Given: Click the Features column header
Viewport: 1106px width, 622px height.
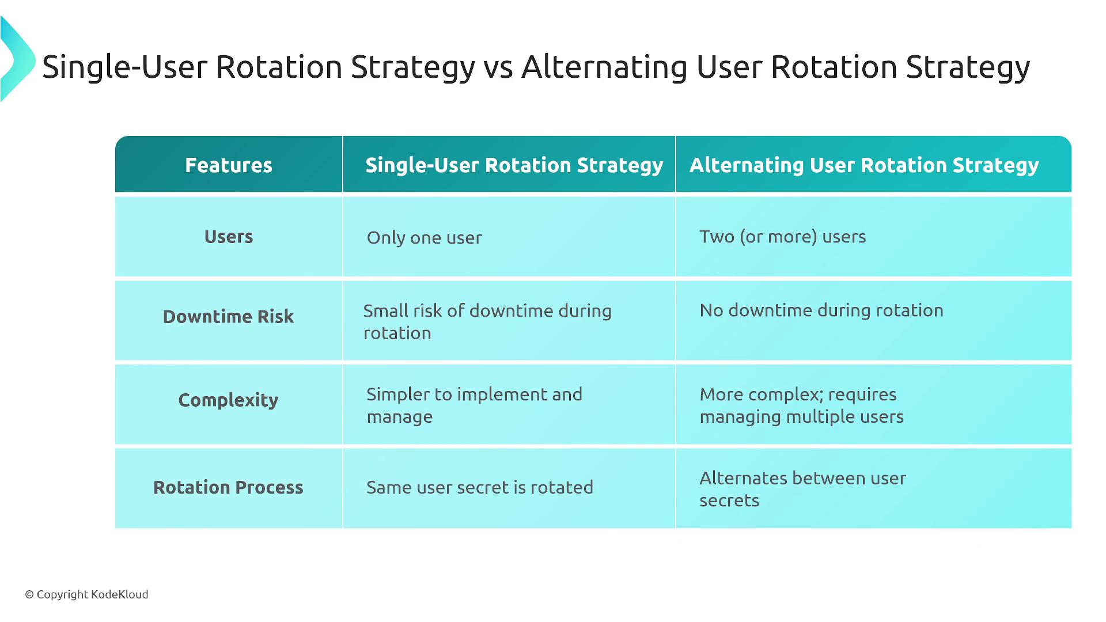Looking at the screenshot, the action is (229, 165).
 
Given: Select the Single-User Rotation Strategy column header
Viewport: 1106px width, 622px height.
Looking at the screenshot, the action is (514, 166).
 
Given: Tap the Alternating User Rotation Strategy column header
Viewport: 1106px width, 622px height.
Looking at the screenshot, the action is (864, 166).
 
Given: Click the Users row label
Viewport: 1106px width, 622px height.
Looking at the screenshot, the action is (229, 237).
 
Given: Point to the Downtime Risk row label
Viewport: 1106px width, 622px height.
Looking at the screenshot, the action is (229, 316).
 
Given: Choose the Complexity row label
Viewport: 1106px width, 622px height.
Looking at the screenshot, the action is (229, 400).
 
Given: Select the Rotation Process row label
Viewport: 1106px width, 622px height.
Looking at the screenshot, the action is (229, 487).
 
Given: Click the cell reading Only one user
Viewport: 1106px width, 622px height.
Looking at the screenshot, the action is (425, 238).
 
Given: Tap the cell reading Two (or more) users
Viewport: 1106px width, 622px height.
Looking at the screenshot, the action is (783, 237).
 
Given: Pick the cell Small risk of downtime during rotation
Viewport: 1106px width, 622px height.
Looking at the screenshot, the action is (487, 322).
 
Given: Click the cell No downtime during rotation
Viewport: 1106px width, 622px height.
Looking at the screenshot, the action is (821, 310).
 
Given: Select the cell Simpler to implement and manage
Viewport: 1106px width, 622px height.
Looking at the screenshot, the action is (475, 405).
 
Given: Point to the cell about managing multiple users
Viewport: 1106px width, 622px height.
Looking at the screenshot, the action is (802, 405).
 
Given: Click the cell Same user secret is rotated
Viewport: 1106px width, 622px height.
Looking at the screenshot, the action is (480, 487).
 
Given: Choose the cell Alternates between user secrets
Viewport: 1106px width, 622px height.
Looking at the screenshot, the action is (803, 489).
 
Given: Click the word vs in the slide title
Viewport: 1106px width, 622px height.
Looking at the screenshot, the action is (498, 68).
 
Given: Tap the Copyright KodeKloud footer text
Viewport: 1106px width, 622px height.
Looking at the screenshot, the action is (86, 594).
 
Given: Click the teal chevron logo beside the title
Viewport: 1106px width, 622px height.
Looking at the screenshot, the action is (17, 59).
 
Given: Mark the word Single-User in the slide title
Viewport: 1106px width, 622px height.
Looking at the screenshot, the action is (124, 67).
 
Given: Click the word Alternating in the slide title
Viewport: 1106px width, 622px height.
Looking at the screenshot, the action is (604, 67).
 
